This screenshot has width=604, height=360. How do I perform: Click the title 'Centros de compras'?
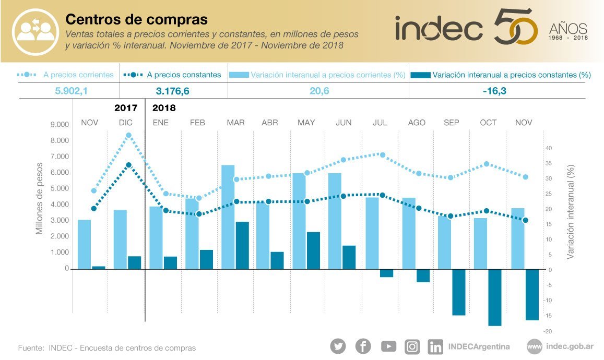136,19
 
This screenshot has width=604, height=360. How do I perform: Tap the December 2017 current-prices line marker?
128,135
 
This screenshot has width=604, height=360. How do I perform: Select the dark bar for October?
494,297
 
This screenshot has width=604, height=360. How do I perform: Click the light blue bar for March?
228,217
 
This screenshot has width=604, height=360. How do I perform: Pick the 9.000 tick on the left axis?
60,125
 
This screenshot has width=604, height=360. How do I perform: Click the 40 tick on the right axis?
549,148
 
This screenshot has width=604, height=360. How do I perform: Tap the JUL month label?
380,123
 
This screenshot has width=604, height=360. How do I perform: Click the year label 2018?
164,109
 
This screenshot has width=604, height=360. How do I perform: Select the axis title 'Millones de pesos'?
40,197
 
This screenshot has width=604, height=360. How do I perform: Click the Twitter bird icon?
338,346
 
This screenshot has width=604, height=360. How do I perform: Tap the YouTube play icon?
388,346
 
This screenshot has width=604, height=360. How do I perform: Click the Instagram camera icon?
412,346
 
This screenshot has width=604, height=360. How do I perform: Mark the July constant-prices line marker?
382,195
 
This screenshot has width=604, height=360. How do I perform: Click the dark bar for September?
459,292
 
